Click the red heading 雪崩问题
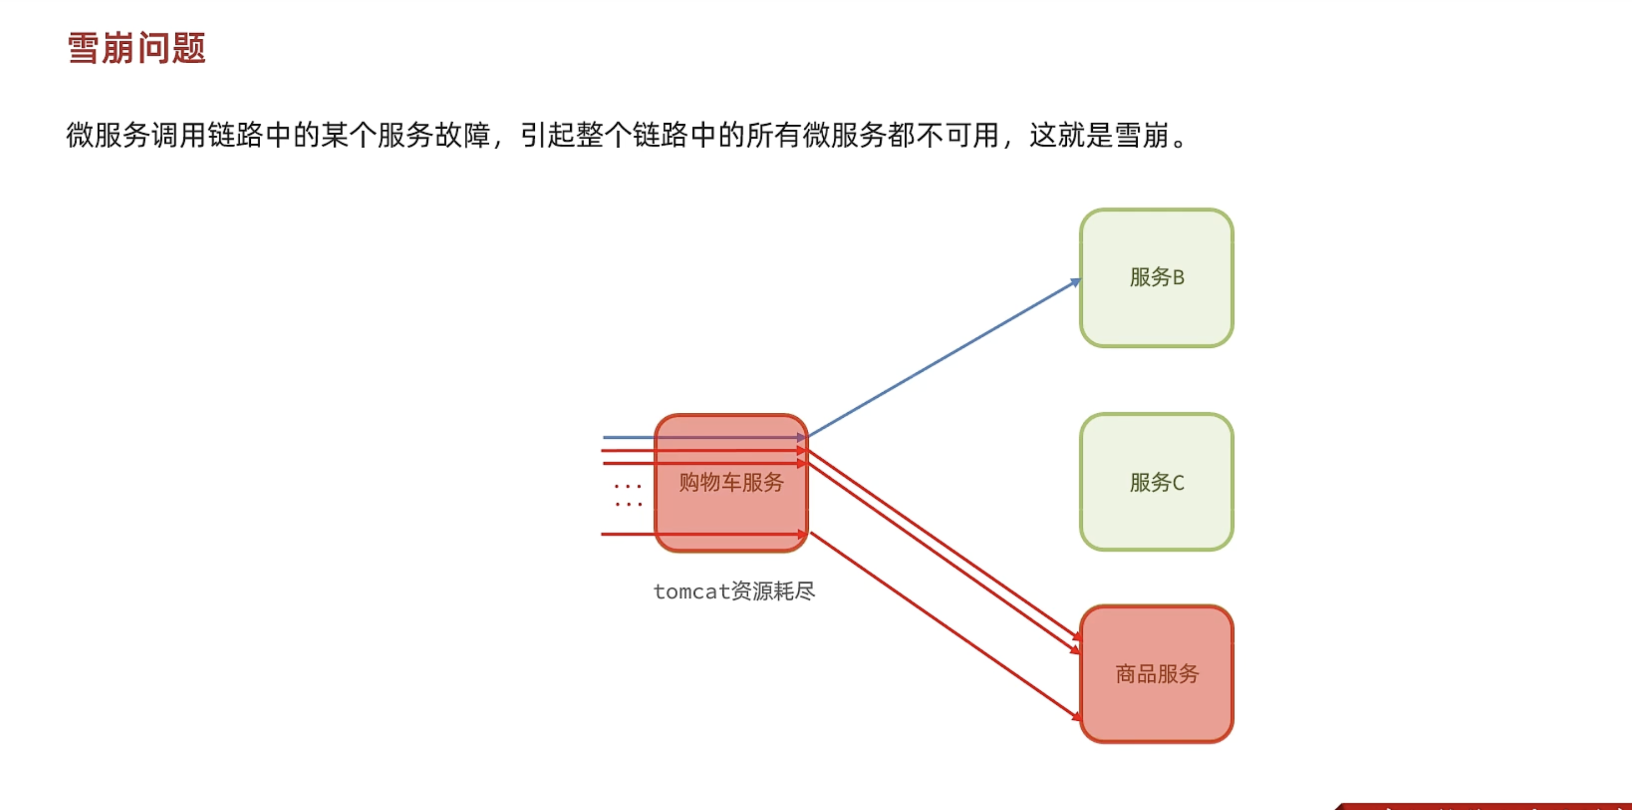(x=136, y=48)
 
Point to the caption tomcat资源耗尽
(x=734, y=591)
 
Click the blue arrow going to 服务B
(x=944, y=358)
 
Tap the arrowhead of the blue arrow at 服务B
(x=1075, y=283)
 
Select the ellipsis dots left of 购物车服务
(x=628, y=495)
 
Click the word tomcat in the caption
(x=692, y=592)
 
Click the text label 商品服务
(x=1157, y=674)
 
